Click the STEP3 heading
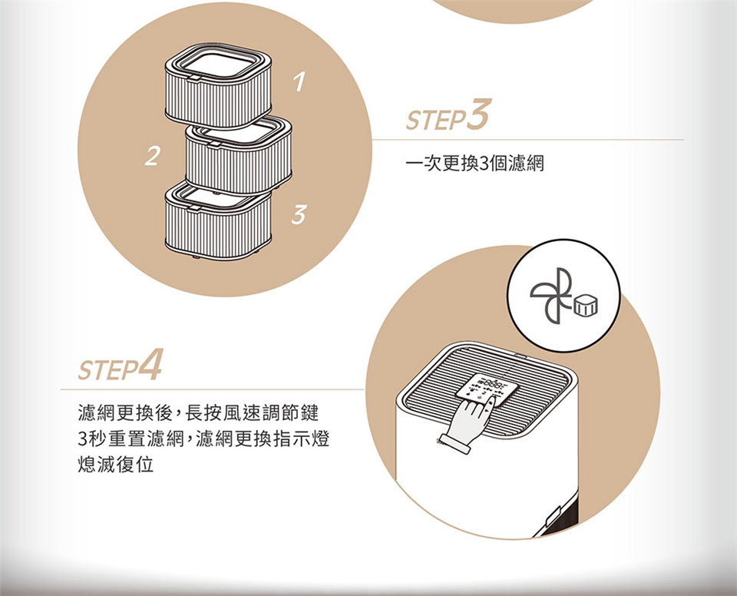tap(448, 115)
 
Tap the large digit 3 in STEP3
tap(478, 114)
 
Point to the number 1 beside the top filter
tap(299, 82)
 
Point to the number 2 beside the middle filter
tap(151, 156)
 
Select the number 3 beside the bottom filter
tap(298, 214)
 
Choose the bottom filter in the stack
tap(218, 220)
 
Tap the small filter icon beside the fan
tap(585, 306)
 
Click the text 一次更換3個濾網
tap(474, 164)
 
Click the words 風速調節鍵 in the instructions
tap(273, 413)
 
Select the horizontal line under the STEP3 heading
tap(527, 140)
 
